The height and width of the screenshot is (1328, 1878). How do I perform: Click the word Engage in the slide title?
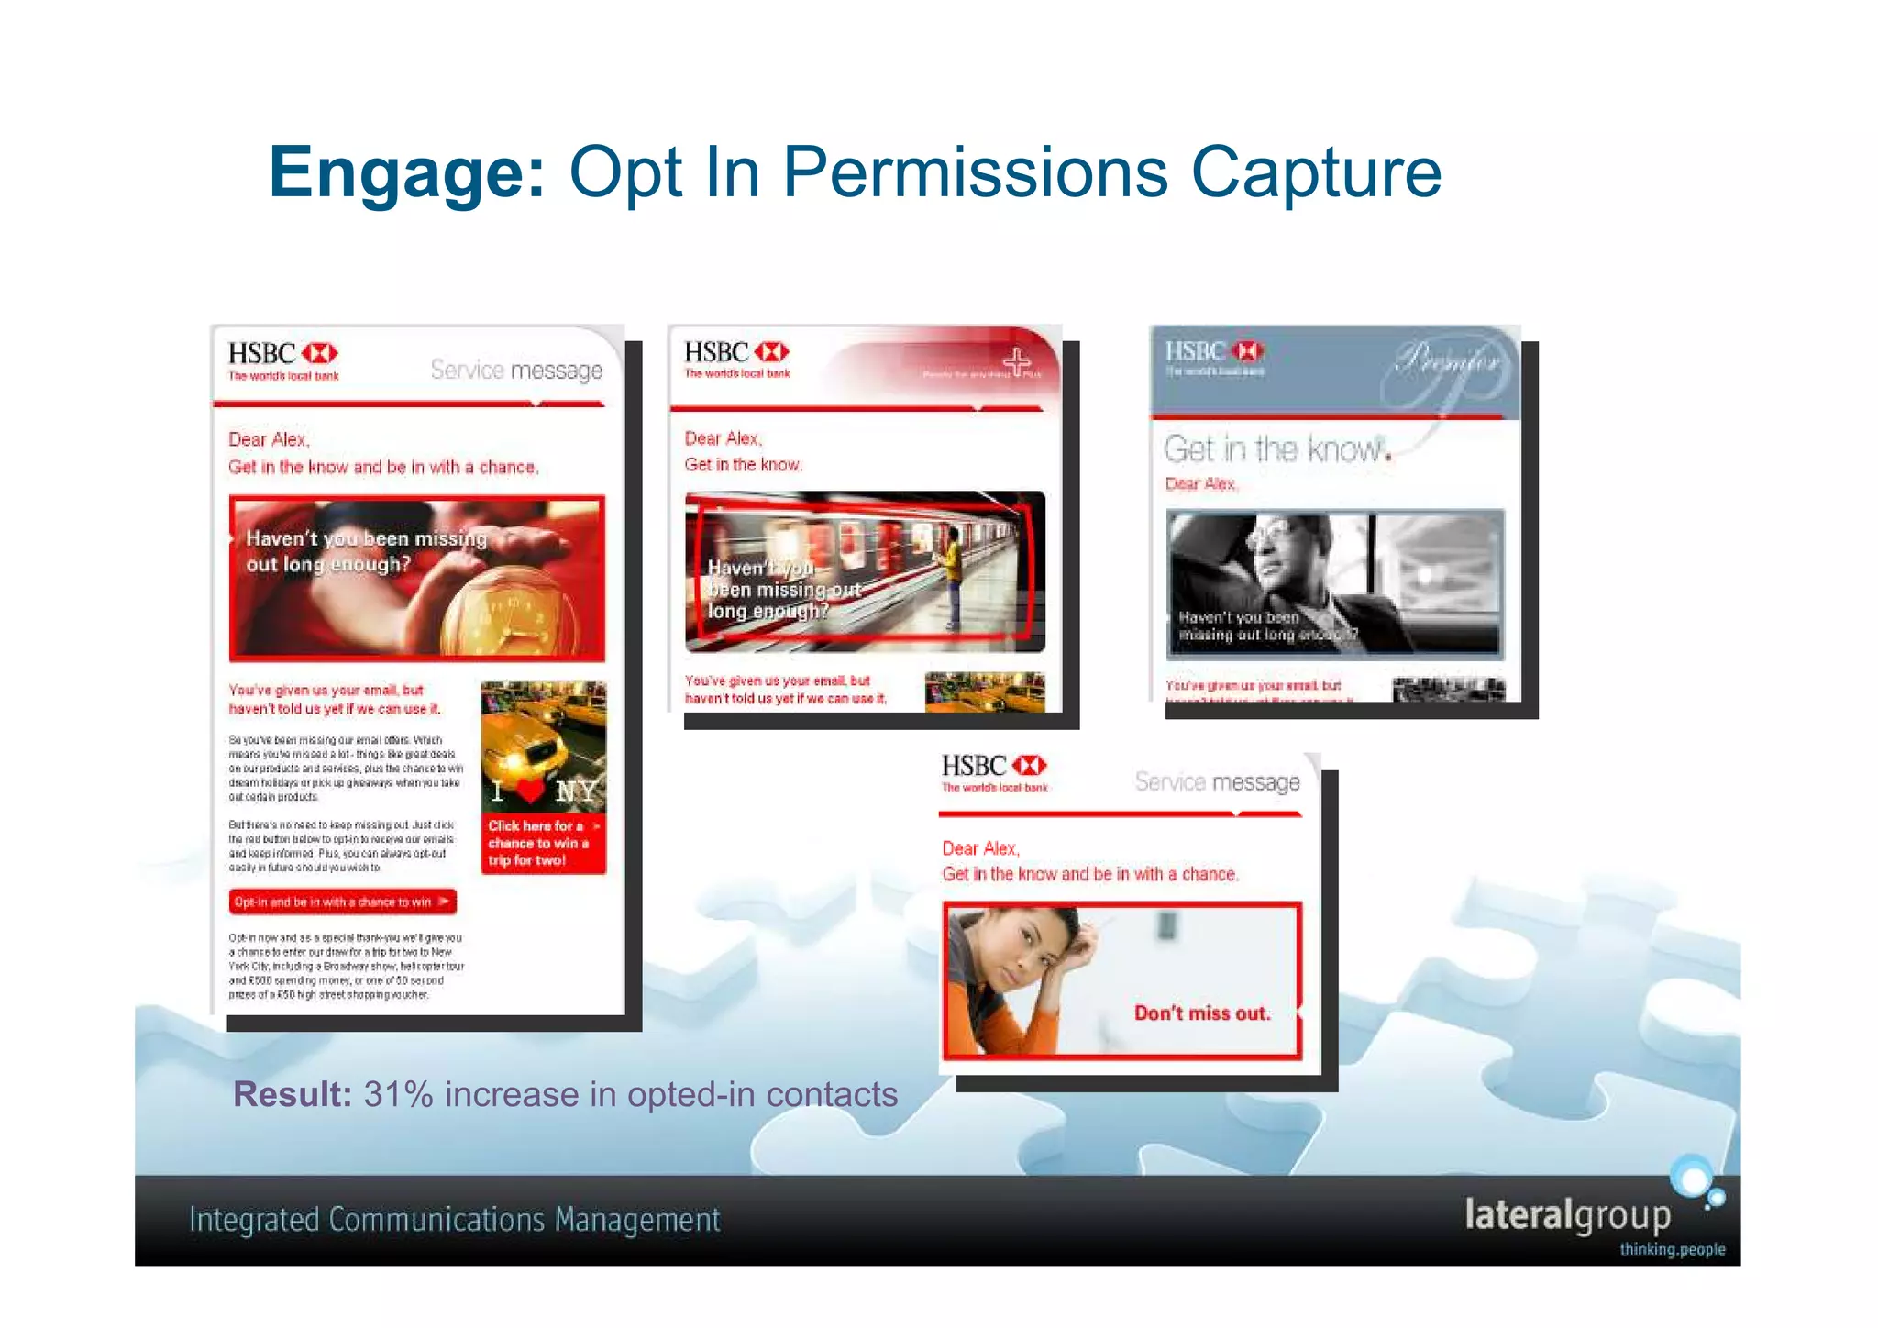(406, 172)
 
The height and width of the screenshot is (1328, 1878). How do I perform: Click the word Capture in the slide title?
(1316, 172)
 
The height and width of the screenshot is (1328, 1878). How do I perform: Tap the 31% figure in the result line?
(398, 1094)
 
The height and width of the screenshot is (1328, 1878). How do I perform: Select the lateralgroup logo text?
(1567, 1214)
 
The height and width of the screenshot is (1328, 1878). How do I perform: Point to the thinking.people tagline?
(1672, 1249)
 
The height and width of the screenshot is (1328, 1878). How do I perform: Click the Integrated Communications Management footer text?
(454, 1220)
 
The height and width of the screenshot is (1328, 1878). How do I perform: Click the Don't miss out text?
(1202, 1013)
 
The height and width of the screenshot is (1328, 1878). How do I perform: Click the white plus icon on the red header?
(1016, 361)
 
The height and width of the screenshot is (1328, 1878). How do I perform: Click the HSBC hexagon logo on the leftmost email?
(320, 354)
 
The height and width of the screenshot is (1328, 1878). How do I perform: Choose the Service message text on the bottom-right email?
(1217, 782)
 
